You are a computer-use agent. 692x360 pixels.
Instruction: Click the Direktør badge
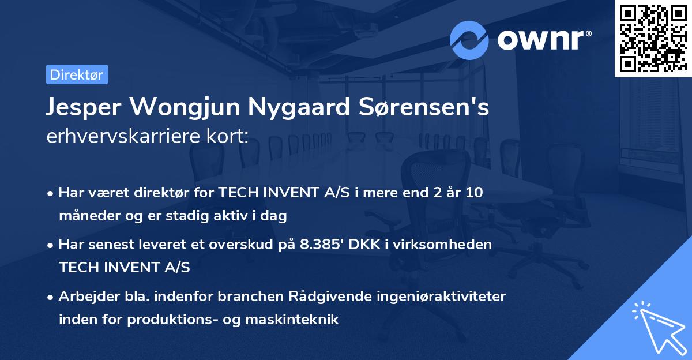[x=77, y=75]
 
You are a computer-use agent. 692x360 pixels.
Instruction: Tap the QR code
[x=652, y=38]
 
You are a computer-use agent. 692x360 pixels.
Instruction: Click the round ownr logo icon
[x=469, y=40]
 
